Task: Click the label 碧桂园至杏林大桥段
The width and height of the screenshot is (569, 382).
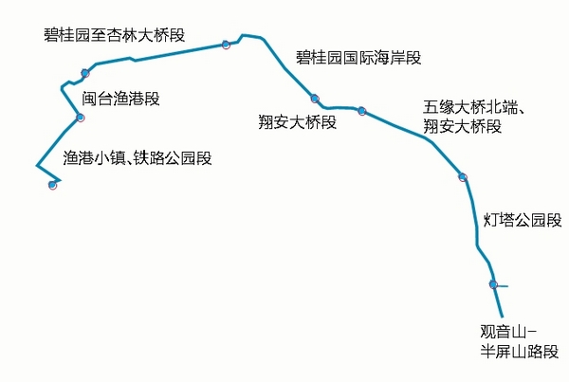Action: click(114, 35)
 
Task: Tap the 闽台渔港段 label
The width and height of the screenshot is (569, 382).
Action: click(119, 97)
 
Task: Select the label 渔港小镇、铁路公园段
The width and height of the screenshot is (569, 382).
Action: click(138, 158)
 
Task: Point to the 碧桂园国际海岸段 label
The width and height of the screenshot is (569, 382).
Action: click(358, 57)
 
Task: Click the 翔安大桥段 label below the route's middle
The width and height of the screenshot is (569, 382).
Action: click(298, 121)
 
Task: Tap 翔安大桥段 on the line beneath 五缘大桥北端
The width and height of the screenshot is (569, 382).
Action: click(462, 126)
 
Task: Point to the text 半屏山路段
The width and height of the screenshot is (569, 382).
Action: click(520, 351)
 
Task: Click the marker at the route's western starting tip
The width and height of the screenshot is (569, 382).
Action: click(52, 185)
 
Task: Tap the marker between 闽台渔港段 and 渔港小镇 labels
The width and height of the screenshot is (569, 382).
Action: click(81, 118)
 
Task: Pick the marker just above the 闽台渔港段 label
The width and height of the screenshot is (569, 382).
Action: click(85, 73)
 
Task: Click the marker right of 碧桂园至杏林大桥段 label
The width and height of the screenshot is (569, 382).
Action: click(226, 45)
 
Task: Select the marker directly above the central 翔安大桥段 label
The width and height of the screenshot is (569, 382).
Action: click(314, 98)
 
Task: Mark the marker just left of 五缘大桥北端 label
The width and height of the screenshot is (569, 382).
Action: click(361, 111)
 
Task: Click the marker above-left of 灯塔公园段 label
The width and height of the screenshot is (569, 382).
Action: click(463, 177)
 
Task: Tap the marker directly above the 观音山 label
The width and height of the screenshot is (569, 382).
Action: click(493, 284)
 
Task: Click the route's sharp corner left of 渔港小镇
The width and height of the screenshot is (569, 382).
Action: click(37, 166)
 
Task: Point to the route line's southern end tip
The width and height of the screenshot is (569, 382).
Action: click(502, 316)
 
